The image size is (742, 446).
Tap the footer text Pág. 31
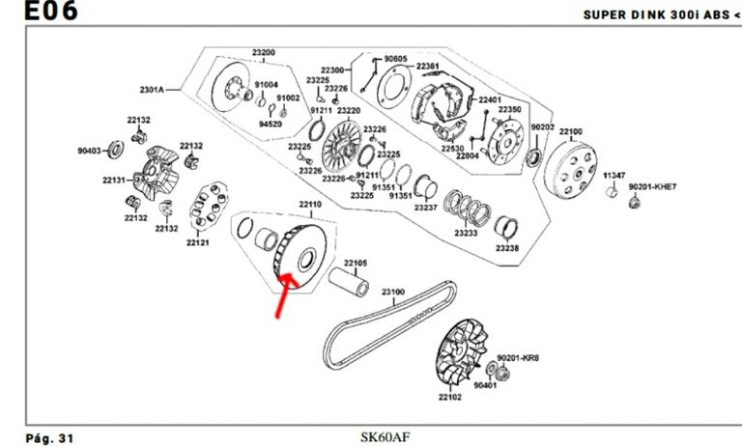pyautogui.click(x=50, y=437)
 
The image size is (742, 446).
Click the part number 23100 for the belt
pyautogui.click(x=393, y=291)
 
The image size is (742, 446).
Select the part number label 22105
pyautogui.click(x=357, y=263)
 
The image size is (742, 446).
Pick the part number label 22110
pyautogui.click(x=309, y=205)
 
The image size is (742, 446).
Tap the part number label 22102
pyautogui.click(x=450, y=396)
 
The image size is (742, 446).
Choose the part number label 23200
pyautogui.click(x=264, y=52)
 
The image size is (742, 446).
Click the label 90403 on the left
pyautogui.click(x=90, y=150)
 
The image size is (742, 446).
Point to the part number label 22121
pyautogui.click(x=198, y=242)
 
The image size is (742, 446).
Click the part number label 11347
pyautogui.click(x=614, y=175)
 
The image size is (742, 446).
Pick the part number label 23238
pyautogui.click(x=507, y=248)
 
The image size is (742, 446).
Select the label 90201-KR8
pyautogui.click(x=519, y=357)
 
